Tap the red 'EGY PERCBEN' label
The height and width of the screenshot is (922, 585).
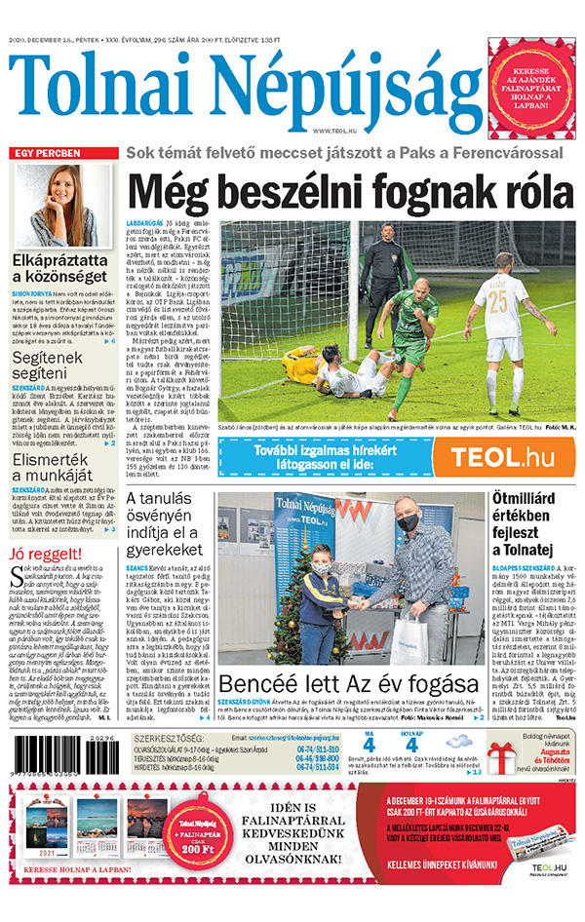pyautogui.click(x=43, y=154)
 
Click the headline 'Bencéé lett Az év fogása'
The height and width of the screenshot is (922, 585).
pyautogui.click(x=349, y=682)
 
